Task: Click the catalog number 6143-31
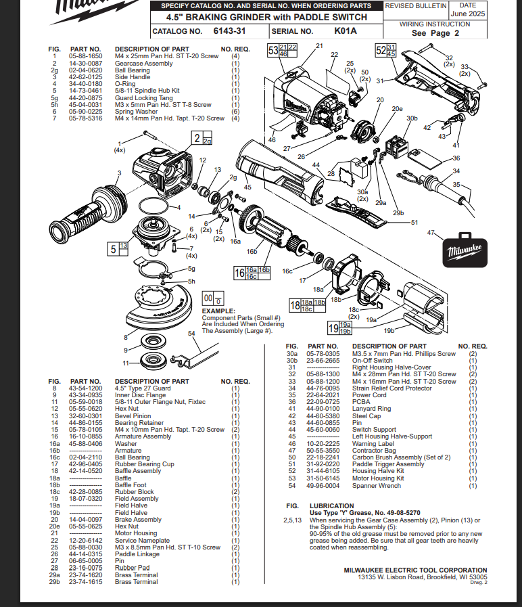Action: (x=229, y=31)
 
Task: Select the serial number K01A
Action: (x=345, y=31)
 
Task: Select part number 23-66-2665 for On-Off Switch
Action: (x=323, y=361)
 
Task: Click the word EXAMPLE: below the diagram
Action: (x=218, y=311)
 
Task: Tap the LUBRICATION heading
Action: (x=331, y=505)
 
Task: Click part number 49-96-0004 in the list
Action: (x=323, y=485)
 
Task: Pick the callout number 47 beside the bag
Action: (x=431, y=233)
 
